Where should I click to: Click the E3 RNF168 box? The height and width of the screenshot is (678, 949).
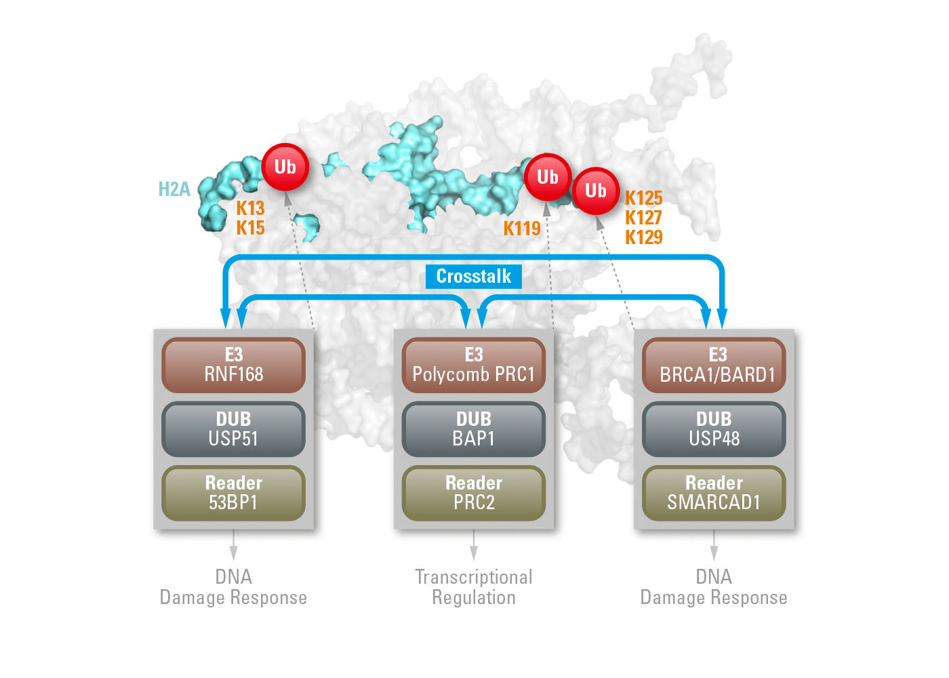233,365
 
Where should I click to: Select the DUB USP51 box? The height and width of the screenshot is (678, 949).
233,429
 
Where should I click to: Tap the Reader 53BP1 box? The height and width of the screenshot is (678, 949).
233,493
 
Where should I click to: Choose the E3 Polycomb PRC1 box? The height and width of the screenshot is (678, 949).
474,365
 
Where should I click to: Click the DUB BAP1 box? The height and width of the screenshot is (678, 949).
474,429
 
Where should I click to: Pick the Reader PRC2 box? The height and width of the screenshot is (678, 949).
474,493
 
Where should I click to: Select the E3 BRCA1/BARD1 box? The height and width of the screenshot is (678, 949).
714,365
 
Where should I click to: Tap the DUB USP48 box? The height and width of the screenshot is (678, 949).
714,429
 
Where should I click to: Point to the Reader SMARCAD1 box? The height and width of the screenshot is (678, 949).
714,493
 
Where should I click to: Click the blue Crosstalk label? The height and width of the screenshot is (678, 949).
473,277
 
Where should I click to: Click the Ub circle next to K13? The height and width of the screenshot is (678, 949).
285,167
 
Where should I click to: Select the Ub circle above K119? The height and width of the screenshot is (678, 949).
547,177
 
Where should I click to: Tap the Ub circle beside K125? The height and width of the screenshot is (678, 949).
595,191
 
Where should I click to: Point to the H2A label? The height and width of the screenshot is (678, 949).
174,189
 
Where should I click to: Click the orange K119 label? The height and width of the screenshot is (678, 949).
522,228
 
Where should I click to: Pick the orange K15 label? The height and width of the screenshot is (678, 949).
250,228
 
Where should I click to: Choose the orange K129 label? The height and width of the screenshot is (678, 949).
643,237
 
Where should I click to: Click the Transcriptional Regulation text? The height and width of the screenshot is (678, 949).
474,587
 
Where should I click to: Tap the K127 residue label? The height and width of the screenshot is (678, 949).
643,218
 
